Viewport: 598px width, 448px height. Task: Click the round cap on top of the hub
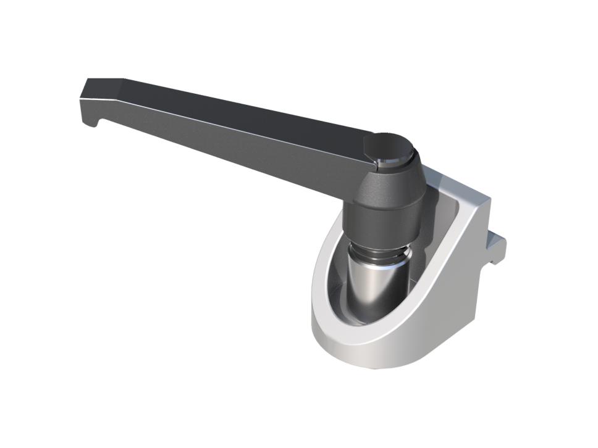[x=388, y=147]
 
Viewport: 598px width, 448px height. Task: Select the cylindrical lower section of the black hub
[x=383, y=222]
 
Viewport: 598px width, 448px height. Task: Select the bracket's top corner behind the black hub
[x=445, y=179]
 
